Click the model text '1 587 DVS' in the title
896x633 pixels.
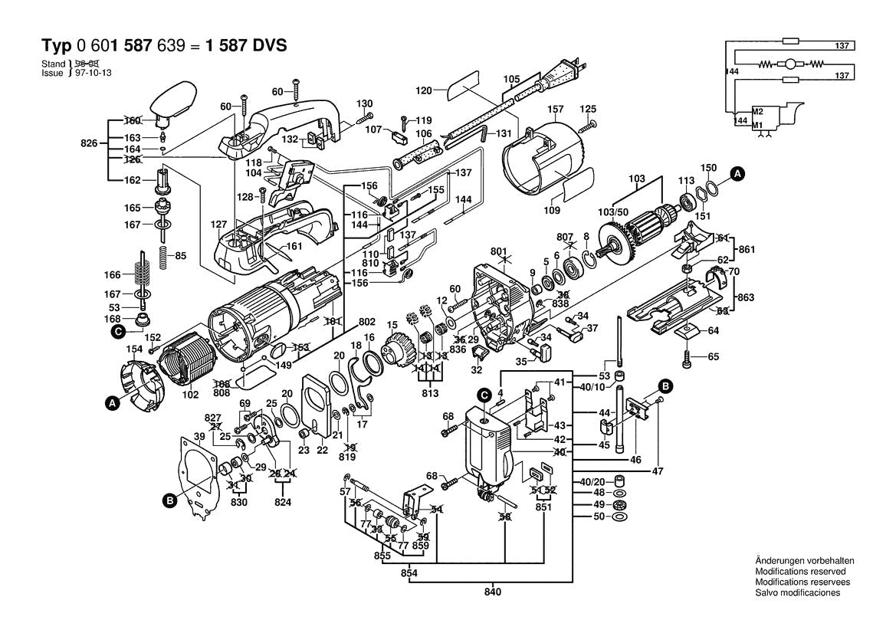click(x=246, y=44)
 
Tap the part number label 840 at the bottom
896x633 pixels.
click(x=492, y=592)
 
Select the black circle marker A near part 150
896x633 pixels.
click(x=736, y=174)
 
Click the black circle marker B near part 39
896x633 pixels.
click(x=169, y=502)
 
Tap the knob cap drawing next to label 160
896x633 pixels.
click(x=172, y=104)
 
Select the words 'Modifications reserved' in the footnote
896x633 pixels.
click(x=800, y=572)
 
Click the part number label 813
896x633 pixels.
click(x=429, y=394)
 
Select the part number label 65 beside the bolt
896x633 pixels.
click(x=714, y=357)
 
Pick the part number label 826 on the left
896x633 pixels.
click(x=90, y=143)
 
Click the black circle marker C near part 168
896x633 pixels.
click(x=118, y=331)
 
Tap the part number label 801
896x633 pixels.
click(x=499, y=251)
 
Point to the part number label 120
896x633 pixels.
click(x=424, y=90)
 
